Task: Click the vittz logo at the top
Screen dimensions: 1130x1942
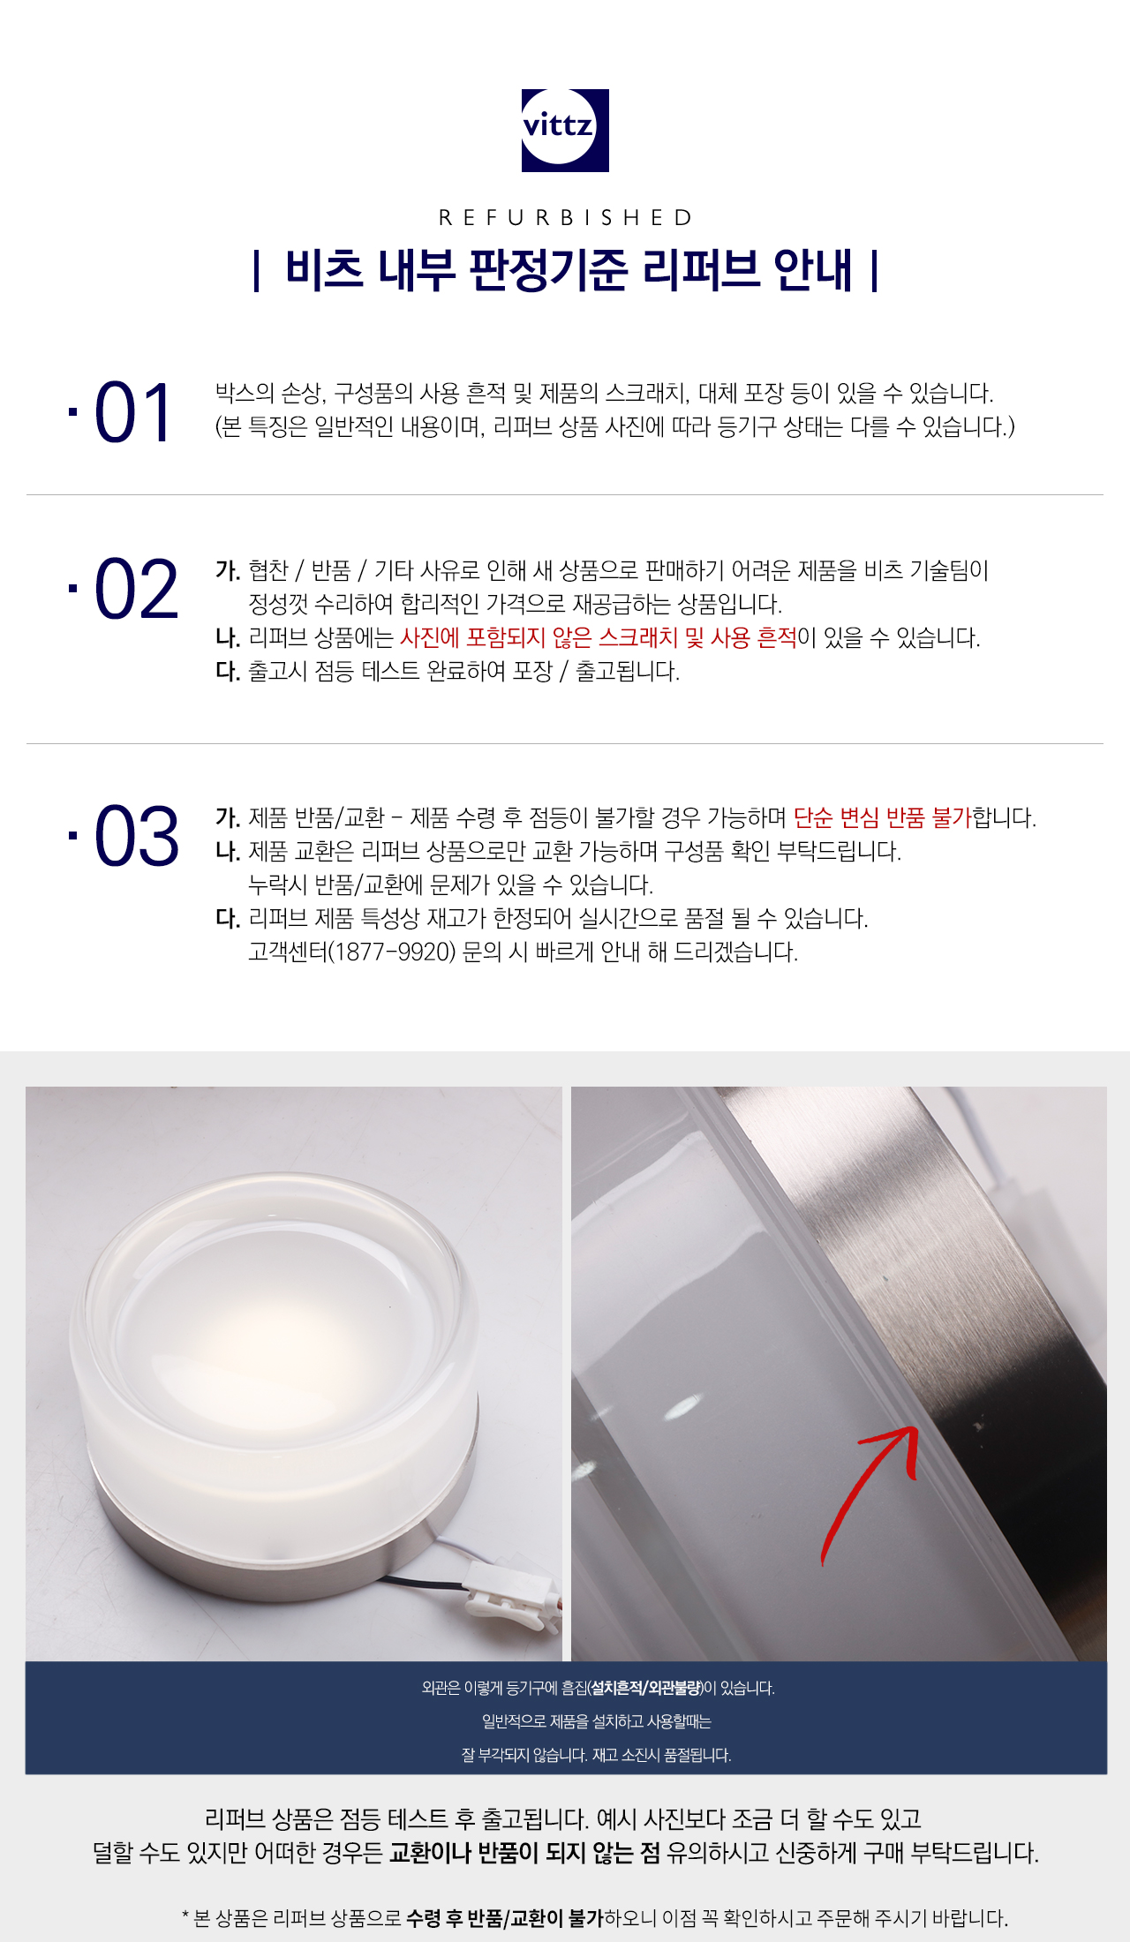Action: [565, 130]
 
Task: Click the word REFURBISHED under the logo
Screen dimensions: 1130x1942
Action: [565, 217]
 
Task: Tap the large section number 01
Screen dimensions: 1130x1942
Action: [132, 412]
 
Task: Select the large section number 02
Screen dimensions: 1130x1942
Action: [136, 589]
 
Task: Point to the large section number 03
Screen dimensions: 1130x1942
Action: [136, 836]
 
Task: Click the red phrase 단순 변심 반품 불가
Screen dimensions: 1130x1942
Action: [882, 817]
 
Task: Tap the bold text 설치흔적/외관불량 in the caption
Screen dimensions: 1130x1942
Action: [646, 1688]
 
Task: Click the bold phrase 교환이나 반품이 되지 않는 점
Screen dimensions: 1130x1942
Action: [524, 1852]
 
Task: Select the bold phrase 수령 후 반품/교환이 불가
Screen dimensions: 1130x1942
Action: [505, 1917]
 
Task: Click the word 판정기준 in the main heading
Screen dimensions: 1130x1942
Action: [548, 270]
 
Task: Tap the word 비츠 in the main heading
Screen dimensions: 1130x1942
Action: [324, 270]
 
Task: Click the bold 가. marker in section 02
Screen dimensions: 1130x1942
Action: [228, 571]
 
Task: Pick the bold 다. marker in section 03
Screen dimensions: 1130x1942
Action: [228, 919]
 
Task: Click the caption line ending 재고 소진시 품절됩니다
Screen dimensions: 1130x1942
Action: [597, 1755]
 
